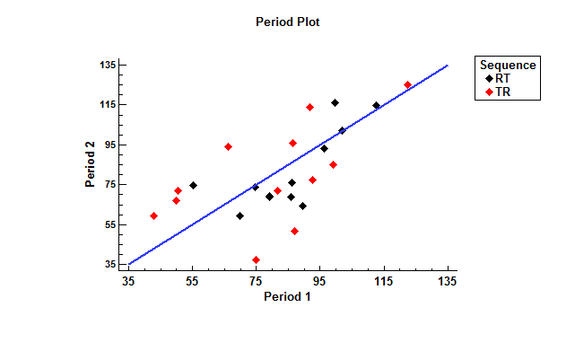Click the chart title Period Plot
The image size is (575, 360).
287,22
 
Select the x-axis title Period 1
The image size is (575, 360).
287,296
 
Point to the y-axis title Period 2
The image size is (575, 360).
91,165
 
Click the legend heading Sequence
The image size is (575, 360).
508,65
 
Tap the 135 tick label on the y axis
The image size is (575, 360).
108,65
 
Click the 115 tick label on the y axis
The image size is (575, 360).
108,105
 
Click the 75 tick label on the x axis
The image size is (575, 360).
257,282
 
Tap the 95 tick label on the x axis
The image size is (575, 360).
320,282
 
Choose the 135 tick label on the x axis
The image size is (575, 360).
447,282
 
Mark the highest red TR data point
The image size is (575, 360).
407,85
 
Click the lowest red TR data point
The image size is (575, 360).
257,259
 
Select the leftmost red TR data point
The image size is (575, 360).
154,215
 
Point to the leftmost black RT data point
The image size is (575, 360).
193,185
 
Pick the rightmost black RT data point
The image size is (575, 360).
377,105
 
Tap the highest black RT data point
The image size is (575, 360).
335,103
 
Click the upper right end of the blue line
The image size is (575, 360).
447,65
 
